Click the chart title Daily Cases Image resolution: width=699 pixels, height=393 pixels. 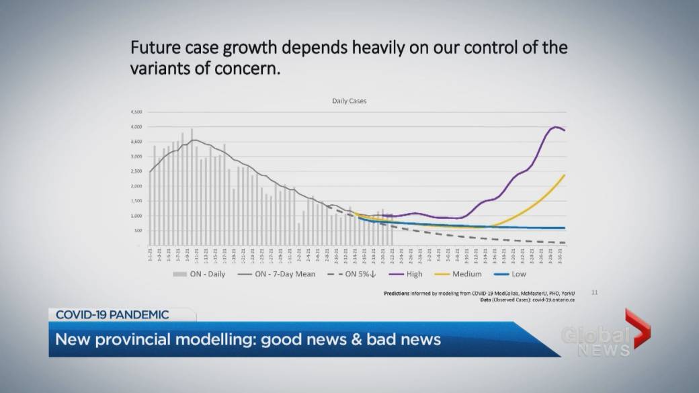click(349, 101)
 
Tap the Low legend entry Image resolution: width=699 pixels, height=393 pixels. click(518, 273)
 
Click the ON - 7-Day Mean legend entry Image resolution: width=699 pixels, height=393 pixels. click(277, 273)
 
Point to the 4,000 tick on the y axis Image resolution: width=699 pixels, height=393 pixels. click(136, 127)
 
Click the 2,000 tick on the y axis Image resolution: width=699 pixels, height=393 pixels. click(136, 186)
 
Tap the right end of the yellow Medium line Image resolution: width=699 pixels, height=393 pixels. click(564, 175)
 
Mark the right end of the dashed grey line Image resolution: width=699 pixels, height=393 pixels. click(564, 243)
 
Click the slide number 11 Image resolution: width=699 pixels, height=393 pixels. click(594, 292)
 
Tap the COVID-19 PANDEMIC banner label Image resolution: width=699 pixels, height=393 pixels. click(112, 314)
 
